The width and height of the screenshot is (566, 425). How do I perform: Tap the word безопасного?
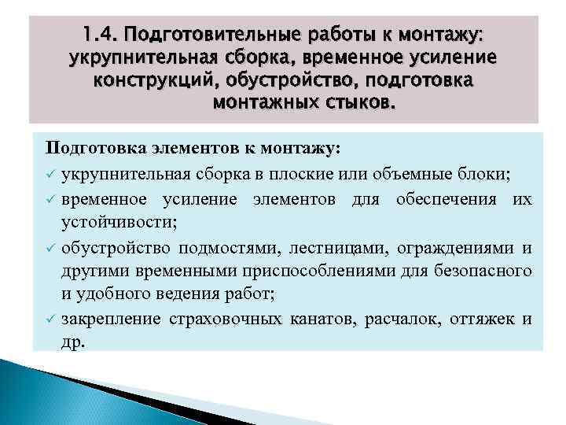coord(481,272)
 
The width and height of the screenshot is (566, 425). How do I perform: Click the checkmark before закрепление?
coord(50,319)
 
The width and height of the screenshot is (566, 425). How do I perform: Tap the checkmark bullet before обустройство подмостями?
coord(50,249)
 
